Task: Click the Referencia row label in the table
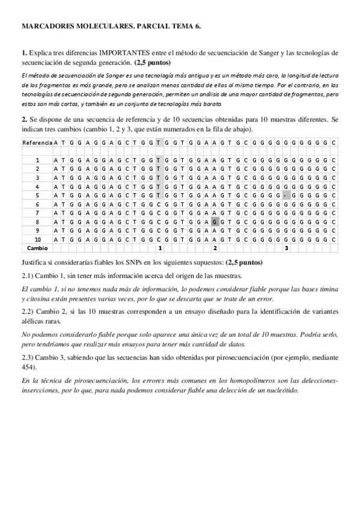click(x=37, y=143)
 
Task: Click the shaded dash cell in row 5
click(x=286, y=196)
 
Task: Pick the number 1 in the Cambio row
click(x=158, y=248)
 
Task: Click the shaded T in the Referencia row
click(x=158, y=143)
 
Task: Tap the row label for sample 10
click(x=37, y=239)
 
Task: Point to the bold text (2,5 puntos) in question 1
click(x=152, y=63)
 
